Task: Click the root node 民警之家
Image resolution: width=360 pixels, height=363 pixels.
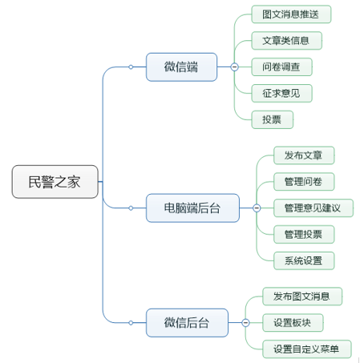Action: point(55,182)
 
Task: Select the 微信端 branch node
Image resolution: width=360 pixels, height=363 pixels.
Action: point(181,67)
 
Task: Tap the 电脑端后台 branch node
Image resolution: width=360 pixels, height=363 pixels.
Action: point(192,208)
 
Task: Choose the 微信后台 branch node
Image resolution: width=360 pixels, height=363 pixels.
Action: point(187,323)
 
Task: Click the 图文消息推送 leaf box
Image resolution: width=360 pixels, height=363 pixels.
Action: point(291,14)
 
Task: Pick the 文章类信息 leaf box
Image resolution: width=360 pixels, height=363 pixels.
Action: point(287,41)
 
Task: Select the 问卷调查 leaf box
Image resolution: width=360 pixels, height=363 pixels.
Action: point(281,67)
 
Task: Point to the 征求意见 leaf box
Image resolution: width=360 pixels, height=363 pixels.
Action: point(281,93)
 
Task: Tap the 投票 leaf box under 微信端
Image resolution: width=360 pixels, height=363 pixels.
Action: point(273,119)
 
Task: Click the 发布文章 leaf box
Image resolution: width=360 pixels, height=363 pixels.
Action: point(304,155)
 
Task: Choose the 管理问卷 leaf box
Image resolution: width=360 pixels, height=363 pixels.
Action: point(304,182)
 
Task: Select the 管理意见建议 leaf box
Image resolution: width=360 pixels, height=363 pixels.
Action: point(313,208)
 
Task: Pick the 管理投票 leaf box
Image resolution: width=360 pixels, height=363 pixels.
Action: point(304,234)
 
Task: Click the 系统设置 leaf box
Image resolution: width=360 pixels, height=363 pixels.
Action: point(304,260)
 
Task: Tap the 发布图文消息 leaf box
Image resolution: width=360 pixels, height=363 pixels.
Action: point(302,296)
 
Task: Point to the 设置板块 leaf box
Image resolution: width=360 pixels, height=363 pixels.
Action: point(293,323)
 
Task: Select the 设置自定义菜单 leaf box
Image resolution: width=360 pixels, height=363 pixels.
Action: point(307,349)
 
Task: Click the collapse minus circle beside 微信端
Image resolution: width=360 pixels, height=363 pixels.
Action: point(234,67)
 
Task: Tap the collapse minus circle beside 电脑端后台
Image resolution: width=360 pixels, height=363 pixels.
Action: point(257,208)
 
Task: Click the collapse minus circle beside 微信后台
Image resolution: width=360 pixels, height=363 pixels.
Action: point(245,323)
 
